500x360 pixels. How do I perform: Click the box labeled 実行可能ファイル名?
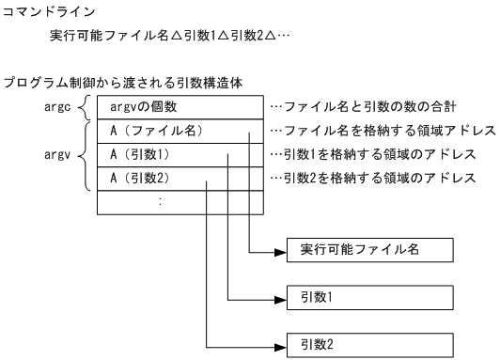[x=369, y=251]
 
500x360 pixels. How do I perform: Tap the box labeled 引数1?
[x=369, y=297]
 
